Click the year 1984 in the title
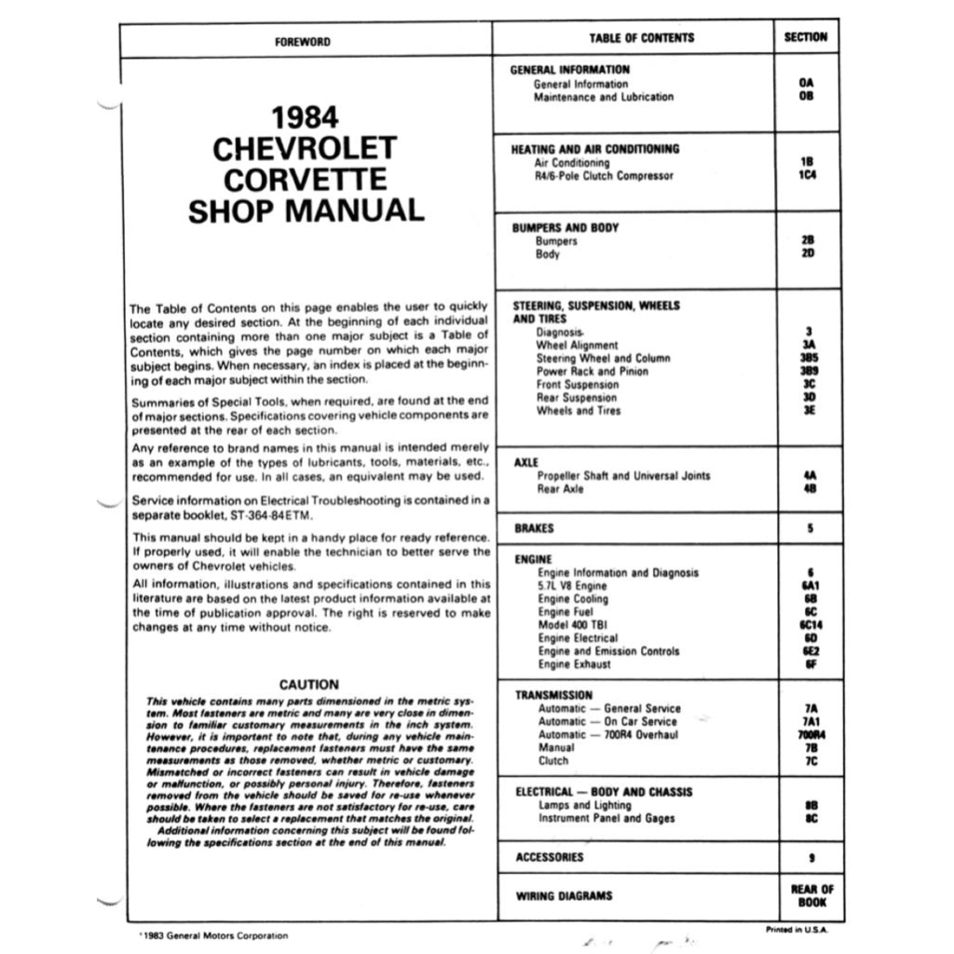pos(305,118)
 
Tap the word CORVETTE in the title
pos(306,178)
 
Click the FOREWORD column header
pos(303,41)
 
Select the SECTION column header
pos(806,37)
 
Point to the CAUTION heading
pos(308,685)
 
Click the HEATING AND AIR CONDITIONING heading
pos(594,149)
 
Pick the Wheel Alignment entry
pos(577,345)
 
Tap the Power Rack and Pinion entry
pos(592,371)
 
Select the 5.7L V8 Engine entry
pos(572,586)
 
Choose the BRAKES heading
pos(534,528)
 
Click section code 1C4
pos(807,175)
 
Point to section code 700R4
pos(807,734)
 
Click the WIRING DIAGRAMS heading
pos(564,896)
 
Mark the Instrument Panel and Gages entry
pos(606,818)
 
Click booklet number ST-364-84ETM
pos(273,515)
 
